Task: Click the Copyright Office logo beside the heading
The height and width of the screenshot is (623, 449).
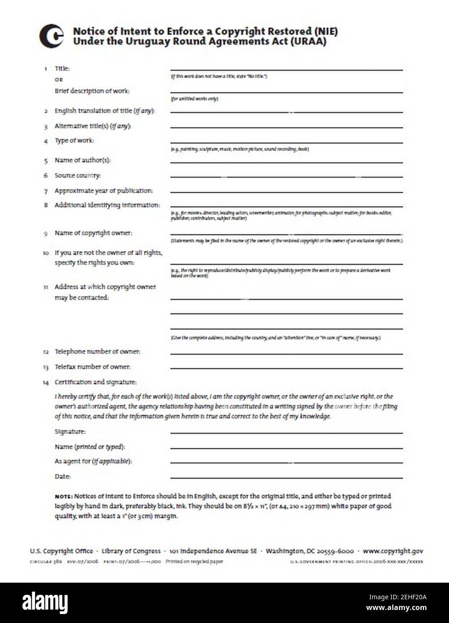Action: [x=51, y=36]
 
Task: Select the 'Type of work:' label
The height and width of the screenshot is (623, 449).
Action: [x=74, y=140]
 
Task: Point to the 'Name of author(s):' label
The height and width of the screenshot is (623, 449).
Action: [x=82, y=160]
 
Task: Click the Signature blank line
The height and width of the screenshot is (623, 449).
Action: [x=286, y=433]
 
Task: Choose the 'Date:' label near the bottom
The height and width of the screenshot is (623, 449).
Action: [x=63, y=476]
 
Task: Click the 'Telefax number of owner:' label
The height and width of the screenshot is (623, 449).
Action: [x=93, y=367]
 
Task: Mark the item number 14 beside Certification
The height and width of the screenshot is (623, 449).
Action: [x=46, y=383]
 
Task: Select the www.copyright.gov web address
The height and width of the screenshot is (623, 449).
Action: [x=393, y=551]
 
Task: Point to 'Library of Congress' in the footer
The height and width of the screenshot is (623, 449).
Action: [x=131, y=551]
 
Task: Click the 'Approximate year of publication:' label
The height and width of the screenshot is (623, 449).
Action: [x=103, y=190]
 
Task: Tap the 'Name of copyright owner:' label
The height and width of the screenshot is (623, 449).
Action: [x=93, y=233]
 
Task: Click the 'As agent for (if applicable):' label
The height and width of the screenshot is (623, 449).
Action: [x=93, y=461]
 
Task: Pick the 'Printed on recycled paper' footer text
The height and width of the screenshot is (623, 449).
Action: [x=194, y=562]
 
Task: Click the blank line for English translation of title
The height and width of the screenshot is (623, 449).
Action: [x=286, y=112]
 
